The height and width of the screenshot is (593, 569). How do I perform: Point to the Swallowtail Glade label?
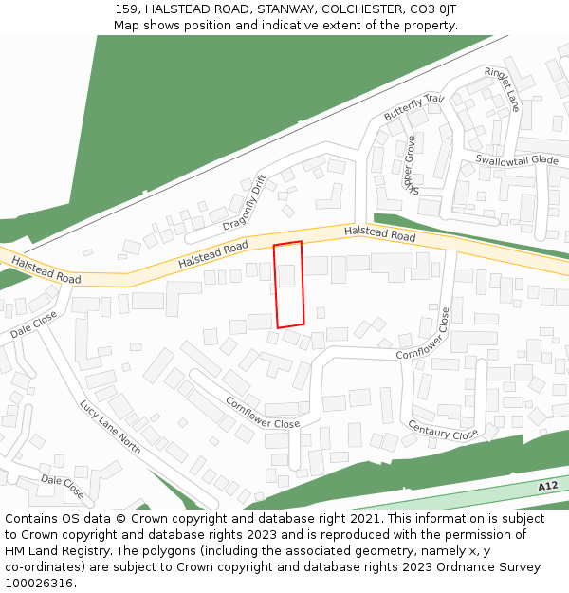517,160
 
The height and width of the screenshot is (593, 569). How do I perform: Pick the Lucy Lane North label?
110,427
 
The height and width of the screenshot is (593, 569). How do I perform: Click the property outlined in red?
288,285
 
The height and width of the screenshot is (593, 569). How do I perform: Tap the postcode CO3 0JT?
435,9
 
